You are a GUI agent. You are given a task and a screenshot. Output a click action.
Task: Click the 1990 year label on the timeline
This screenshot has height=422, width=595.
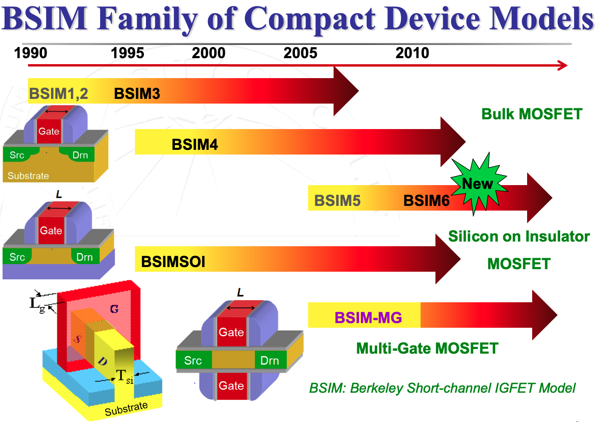coord(31,53)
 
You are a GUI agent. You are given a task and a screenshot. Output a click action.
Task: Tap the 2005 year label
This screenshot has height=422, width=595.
coord(300,53)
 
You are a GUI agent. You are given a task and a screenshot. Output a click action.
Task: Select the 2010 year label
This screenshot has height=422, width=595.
coord(412,53)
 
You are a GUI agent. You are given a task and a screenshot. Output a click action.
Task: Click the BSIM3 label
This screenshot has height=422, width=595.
coord(137,93)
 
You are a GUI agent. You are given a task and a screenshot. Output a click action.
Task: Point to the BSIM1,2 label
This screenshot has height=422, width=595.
coord(59,93)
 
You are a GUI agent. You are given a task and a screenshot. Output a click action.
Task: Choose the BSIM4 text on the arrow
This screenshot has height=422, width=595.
coord(194,145)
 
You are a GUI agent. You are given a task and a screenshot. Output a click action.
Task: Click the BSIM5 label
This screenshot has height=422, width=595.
coord(337,200)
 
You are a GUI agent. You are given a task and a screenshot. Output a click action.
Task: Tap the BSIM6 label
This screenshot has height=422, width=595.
coord(426,200)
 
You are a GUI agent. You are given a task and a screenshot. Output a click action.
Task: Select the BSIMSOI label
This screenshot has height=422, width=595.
coord(173,262)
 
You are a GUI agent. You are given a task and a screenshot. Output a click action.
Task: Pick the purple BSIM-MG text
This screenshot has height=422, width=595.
coord(368,318)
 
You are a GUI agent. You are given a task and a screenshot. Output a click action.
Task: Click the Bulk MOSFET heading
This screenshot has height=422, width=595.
coord(531,114)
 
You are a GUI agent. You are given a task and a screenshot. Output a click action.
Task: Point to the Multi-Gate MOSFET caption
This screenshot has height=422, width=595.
coord(427,348)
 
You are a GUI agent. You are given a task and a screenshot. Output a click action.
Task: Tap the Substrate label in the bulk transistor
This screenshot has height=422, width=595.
coord(28,176)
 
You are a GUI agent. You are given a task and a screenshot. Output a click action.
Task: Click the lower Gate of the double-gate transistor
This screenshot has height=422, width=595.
coord(231,385)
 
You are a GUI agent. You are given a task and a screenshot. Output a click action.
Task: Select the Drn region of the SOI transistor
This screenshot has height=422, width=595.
coord(84,257)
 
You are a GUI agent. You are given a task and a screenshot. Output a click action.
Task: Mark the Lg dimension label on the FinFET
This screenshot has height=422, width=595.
coord(36,304)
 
